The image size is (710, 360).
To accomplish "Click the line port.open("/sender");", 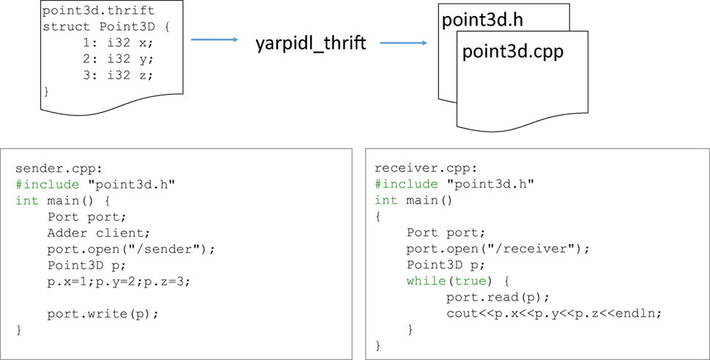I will [x=132, y=249].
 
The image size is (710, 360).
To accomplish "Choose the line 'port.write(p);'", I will [x=103, y=313].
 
